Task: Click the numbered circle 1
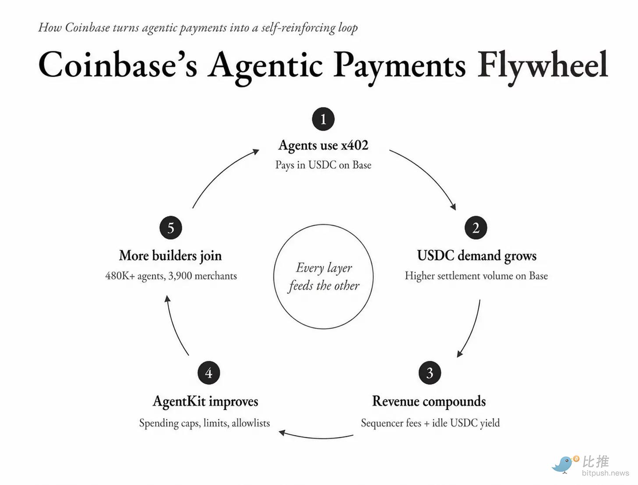323,119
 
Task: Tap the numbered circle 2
476,228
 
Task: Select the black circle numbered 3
429,373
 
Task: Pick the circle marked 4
209,373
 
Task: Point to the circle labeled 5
170,228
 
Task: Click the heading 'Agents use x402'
323,145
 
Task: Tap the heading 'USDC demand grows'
477,256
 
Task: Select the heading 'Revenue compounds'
429,401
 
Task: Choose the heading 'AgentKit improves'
205,401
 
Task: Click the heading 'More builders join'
170,256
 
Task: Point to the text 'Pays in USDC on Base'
323,165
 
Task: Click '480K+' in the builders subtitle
120,276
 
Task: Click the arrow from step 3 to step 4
316,437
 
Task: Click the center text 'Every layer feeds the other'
324,277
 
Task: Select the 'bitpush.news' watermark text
606,473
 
